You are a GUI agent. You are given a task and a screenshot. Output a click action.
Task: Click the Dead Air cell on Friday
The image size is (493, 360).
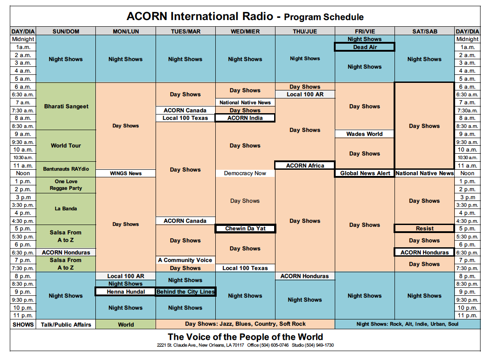(365, 47)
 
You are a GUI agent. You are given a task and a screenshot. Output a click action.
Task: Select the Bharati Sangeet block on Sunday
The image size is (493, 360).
(66, 106)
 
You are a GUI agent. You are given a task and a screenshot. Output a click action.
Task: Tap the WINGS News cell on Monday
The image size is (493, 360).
(126, 173)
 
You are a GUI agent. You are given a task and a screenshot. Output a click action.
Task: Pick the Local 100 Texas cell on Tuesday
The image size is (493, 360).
(185, 118)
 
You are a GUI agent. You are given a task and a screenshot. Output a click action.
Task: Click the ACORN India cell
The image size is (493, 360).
(245, 118)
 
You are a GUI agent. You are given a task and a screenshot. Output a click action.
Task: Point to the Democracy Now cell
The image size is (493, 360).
(245, 173)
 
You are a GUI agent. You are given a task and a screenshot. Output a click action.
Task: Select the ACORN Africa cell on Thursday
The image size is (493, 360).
(305, 165)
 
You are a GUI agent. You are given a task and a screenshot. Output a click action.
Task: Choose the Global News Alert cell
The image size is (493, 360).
(365, 173)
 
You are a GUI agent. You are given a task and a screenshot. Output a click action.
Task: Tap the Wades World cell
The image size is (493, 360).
(365, 134)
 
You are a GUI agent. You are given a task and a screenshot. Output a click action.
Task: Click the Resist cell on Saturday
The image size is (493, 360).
(424, 229)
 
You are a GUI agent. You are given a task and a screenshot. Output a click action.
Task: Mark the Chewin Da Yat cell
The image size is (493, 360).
(245, 229)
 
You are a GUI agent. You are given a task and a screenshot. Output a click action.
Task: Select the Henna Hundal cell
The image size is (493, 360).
(125, 292)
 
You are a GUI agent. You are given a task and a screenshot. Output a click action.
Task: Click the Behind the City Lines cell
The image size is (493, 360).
(185, 292)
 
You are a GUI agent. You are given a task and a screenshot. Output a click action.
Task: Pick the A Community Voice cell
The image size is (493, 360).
(185, 260)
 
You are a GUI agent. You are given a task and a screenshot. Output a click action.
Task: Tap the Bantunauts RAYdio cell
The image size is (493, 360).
(66, 169)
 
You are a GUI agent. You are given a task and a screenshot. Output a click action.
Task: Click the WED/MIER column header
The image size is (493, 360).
(245, 32)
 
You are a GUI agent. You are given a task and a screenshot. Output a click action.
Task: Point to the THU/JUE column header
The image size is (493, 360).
(305, 32)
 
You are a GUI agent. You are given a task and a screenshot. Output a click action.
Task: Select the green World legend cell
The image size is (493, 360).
(126, 324)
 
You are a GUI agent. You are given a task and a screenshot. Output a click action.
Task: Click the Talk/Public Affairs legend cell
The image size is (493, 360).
(66, 324)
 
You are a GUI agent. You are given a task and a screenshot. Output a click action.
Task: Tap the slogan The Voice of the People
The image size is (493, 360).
(245, 337)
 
